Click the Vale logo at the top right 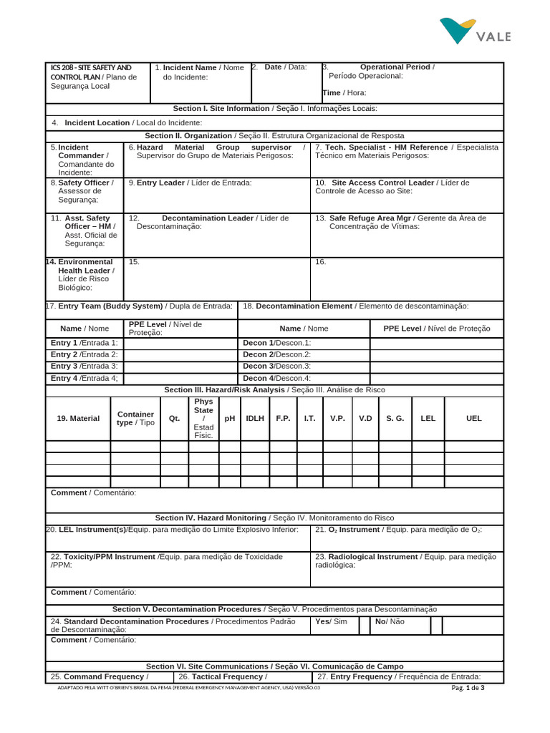pyautogui.click(x=475, y=31)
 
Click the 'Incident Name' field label pyautogui.click(x=190, y=67)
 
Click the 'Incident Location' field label pyautogui.click(x=97, y=122)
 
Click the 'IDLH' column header pyautogui.click(x=255, y=418)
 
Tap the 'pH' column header pyautogui.click(x=230, y=418)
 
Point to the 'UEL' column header pyautogui.click(x=473, y=418)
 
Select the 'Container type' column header pyautogui.click(x=135, y=418)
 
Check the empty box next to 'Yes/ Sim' pyautogui.click(x=365, y=626)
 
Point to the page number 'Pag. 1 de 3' pyautogui.click(x=468, y=688)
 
